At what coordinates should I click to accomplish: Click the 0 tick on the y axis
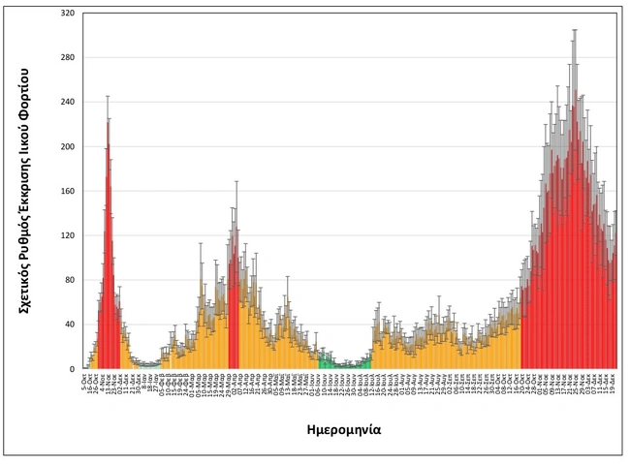point(72,369)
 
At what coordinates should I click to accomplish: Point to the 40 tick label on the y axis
point(69,325)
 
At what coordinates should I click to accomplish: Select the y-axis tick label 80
point(69,280)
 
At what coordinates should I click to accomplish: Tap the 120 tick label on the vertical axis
point(67,235)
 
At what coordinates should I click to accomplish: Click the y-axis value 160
point(67,191)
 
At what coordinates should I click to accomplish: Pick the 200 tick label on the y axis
point(67,146)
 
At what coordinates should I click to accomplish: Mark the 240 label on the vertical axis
point(67,102)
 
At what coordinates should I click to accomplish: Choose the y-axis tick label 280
point(67,57)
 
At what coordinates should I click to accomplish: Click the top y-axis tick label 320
point(67,13)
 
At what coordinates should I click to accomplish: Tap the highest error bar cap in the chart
point(575,29)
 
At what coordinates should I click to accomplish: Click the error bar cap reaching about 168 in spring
point(236,181)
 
